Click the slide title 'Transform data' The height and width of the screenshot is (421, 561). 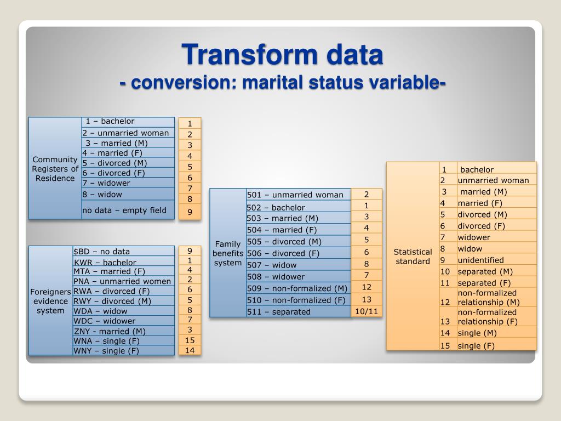coord(283,55)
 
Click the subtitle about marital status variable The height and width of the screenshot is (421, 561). coord(283,83)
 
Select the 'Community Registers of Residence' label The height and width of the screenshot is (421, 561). coord(55,168)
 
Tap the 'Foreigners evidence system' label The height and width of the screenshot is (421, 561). coord(50,301)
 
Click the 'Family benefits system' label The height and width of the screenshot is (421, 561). coord(228,253)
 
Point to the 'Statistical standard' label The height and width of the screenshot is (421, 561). coord(413,256)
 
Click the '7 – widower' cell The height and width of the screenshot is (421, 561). coord(128,183)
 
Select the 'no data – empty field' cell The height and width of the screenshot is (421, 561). coord(128,210)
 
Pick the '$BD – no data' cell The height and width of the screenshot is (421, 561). coord(123,251)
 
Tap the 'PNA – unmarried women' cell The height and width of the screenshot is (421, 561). coord(123,281)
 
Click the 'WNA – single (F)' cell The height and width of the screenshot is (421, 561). coord(123,341)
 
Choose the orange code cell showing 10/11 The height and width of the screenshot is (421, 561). coord(367,311)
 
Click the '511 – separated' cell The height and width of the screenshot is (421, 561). coord(298,311)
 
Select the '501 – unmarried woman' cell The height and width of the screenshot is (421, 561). coord(298,195)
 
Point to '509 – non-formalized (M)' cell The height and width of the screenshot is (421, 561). coord(298,288)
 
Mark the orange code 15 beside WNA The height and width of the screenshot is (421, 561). coord(190,340)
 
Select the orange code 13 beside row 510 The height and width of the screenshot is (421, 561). coord(367,299)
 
